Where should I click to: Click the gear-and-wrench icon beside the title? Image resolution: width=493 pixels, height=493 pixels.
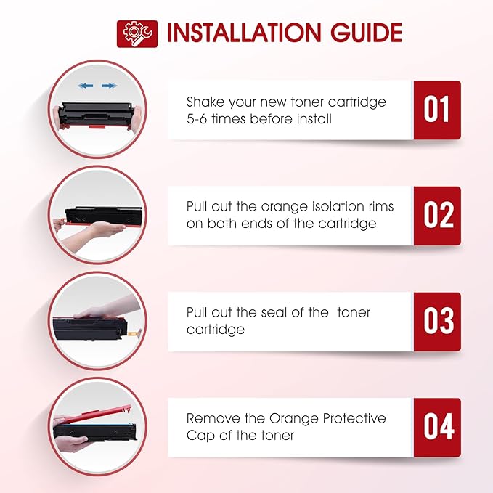point(137,34)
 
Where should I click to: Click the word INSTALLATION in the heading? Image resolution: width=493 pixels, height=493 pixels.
point(244,33)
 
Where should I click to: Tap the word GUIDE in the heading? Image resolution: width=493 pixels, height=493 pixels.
point(366,33)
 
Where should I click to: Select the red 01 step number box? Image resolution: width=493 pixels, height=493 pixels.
point(437,110)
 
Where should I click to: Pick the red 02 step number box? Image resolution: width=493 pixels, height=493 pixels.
point(437,216)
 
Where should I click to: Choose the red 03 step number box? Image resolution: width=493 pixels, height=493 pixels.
point(437,322)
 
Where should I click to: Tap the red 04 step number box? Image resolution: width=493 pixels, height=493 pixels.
point(437,428)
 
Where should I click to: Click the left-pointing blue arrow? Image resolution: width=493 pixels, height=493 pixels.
point(85,86)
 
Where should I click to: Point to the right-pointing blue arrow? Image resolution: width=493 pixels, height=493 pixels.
point(109,86)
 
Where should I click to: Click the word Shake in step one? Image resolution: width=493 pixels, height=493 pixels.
point(205,102)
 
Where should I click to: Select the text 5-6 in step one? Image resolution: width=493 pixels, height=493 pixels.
point(197,119)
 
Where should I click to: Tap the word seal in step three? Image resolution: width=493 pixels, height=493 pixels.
point(274,312)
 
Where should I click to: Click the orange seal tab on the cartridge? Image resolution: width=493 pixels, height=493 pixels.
point(134,332)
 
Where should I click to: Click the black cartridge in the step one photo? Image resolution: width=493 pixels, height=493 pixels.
point(97,114)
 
